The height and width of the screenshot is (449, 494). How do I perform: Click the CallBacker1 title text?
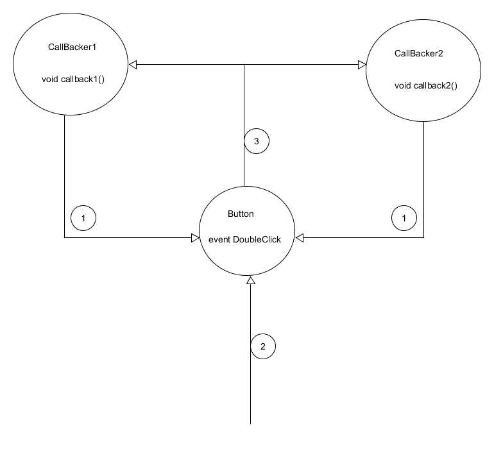(x=72, y=47)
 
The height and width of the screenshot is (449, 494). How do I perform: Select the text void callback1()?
(x=73, y=79)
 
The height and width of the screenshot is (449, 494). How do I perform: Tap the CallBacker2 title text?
(x=419, y=53)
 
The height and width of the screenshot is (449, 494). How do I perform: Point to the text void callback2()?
(x=426, y=85)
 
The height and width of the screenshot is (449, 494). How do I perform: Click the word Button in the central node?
(x=241, y=214)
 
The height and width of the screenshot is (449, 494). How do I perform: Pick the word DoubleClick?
(x=257, y=239)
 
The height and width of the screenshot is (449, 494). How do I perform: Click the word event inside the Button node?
(x=219, y=240)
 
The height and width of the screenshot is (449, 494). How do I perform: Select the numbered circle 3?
(x=257, y=141)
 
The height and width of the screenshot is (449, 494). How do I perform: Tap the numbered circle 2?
(x=263, y=346)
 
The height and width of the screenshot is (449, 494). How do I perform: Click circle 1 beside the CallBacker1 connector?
(x=83, y=218)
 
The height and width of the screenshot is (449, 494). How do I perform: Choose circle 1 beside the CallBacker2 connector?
(x=404, y=218)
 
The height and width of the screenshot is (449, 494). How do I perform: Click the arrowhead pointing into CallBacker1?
(x=133, y=65)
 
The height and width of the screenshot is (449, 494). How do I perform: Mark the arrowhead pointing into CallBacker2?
(x=362, y=65)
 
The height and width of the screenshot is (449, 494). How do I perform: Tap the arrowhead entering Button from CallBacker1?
(x=195, y=238)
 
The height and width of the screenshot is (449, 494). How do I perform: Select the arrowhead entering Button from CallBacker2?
(x=300, y=238)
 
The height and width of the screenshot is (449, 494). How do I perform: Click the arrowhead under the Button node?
(x=250, y=280)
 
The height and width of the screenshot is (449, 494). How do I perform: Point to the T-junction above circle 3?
(x=244, y=65)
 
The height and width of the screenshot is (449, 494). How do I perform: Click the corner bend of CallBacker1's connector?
(x=65, y=237)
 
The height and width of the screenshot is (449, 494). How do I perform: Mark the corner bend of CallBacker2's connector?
(x=423, y=237)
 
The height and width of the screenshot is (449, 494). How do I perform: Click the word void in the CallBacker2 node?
(x=403, y=85)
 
